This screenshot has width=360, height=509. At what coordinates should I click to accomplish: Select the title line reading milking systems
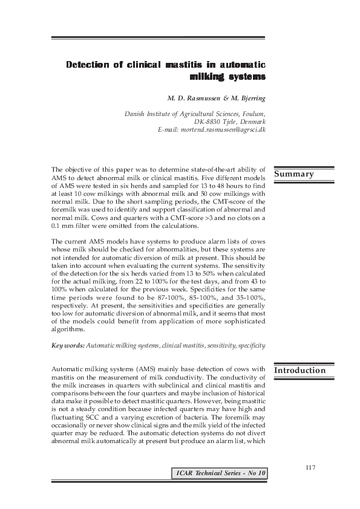[227, 77]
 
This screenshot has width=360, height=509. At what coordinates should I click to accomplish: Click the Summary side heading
[295, 174]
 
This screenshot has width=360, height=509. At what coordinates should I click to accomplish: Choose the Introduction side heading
[300, 370]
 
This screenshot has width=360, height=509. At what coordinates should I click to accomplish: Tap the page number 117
[312, 467]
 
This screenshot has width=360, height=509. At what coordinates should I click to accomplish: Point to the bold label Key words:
[68, 345]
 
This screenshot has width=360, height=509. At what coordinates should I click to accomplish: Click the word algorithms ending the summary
[68, 330]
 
